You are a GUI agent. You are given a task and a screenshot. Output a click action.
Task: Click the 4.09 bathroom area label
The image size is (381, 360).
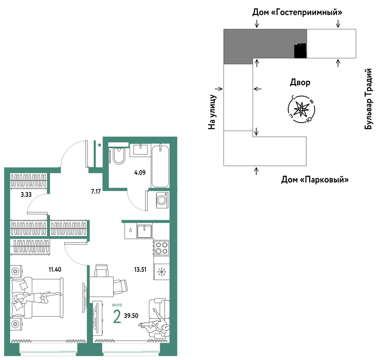tap(140, 173)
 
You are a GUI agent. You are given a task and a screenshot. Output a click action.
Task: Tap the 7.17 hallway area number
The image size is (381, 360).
tap(96, 191)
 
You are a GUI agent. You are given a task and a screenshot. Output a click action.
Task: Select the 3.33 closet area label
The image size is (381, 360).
tap(26, 195)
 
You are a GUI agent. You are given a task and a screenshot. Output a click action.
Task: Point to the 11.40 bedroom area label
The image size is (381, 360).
tap(55, 270)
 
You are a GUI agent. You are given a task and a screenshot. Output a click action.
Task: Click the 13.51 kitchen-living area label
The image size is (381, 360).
tap(140, 270)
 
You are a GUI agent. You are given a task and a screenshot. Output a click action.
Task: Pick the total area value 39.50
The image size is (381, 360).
tap(131, 316)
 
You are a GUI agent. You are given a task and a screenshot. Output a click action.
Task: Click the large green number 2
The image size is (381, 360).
tap(117, 316)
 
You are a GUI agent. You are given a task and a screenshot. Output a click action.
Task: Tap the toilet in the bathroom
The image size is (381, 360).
tap(119, 156)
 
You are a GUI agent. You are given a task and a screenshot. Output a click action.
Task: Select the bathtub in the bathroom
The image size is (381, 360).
tap(160, 166)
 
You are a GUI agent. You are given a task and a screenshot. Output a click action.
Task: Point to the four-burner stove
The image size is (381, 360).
tap(162, 248)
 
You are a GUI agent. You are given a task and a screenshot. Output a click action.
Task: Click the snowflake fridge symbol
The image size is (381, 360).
tap(162, 272)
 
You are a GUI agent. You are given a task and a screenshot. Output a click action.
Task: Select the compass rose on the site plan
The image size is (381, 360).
tap(301, 109)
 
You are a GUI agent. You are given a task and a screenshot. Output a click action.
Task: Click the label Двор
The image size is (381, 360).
tap(300, 82)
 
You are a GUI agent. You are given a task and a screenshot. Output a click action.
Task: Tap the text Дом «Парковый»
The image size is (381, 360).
tap(315, 180)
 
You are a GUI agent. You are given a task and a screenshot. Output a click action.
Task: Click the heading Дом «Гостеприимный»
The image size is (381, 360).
tap(297, 12)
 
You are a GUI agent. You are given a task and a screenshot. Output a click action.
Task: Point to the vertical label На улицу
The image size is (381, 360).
tap(212, 112)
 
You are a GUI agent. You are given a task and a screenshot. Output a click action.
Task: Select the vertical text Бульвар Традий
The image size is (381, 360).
tap(368, 99)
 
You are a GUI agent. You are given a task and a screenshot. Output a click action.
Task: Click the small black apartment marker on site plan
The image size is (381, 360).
tap(300, 51)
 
